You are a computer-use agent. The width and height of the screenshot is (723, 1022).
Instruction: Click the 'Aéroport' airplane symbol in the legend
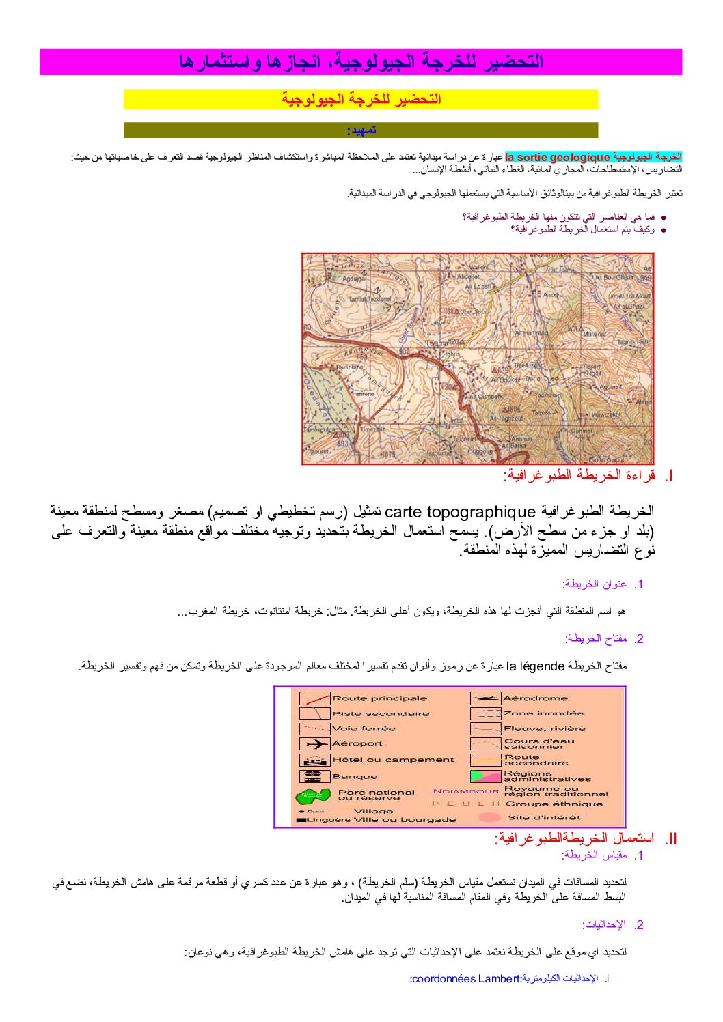pyautogui.click(x=314, y=743)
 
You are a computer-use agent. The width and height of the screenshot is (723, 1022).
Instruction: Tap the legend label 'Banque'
pyautogui.click(x=354, y=776)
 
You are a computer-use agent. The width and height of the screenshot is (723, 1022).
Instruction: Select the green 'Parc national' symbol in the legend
pyautogui.click(x=313, y=795)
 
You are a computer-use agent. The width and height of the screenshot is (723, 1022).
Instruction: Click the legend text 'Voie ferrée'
pyautogui.click(x=364, y=728)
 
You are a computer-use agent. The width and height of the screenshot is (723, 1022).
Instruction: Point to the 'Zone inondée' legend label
pyautogui.click(x=543, y=713)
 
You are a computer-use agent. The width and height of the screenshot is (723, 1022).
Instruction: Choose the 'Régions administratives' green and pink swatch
pyautogui.click(x=485, y=776)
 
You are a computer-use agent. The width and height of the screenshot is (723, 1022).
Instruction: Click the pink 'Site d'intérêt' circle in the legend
pyautogui.click(x=489, y=817)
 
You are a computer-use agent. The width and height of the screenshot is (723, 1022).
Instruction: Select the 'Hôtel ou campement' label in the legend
pyautogui.click(x=393, y=759)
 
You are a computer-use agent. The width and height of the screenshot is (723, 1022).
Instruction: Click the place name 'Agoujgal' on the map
pyautogui.click(x=355, y=279)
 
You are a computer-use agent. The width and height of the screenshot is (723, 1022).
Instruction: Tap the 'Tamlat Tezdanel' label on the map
pyautogui.click(x=370, y=299)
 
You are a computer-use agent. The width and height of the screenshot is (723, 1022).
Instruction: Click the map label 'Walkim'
pyautogui.click(x=479, y=268)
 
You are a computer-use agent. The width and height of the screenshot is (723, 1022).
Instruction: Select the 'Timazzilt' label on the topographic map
pyautogui.click(x=373, y=429)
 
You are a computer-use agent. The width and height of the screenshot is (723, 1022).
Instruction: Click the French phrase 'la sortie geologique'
pyautogui.click(x=558, y=158)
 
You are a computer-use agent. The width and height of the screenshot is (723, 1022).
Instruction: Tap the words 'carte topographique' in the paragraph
pyautogui.click(x=460, y=511)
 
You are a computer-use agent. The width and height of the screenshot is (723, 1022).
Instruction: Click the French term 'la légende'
pyautogui.click(x=535, y=666)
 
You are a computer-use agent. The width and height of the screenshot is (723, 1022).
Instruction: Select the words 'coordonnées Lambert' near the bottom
pyautogui.click(x=465, y=979)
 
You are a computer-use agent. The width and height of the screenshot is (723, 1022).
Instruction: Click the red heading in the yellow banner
pyautogui.click(x=361, y=99)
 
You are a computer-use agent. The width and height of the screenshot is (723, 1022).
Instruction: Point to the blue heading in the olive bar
pyautogui.click(x=361, y=130)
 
